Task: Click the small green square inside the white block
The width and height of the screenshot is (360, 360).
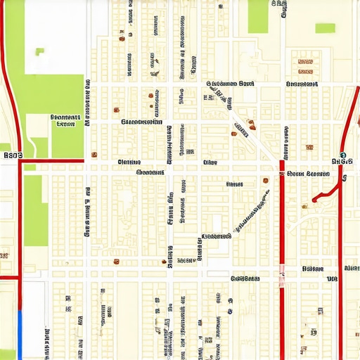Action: pos(39,51)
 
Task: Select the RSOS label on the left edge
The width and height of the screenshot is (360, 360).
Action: pos(13,155)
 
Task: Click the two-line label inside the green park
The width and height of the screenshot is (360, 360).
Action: pos(65,121)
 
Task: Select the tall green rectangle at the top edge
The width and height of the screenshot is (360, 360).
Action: pos(258,16)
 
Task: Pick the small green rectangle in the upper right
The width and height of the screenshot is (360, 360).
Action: pos(325,28)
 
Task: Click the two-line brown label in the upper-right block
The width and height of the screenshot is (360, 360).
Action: pos(304,66)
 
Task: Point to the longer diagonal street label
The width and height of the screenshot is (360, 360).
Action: pos(250,209)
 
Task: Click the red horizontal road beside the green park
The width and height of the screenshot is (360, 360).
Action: pos(53,161)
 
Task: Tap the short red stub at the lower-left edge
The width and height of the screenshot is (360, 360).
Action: pos(8,278)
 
